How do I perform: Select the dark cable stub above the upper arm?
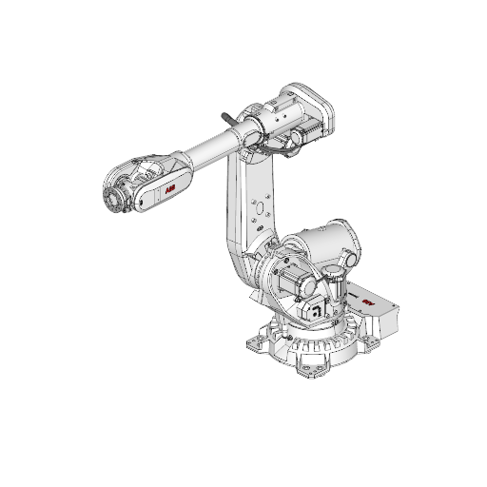(x=229, y=118)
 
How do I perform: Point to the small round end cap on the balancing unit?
(x=349, y=259)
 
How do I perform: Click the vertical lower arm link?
(x=245, y=219)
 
